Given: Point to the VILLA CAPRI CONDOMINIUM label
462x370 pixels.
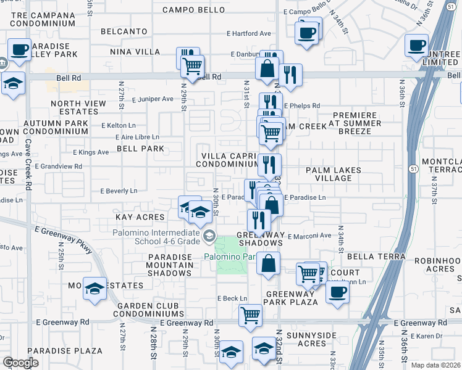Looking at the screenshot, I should (227, 160).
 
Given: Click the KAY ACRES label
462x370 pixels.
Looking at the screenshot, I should (140, 217).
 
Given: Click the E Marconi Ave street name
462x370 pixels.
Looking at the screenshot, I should (310, 235).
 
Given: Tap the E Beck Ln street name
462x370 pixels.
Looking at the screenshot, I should (232, 298).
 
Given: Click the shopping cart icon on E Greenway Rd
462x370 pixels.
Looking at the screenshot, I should (251, 314).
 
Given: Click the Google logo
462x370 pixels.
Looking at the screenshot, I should (20, 363).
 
